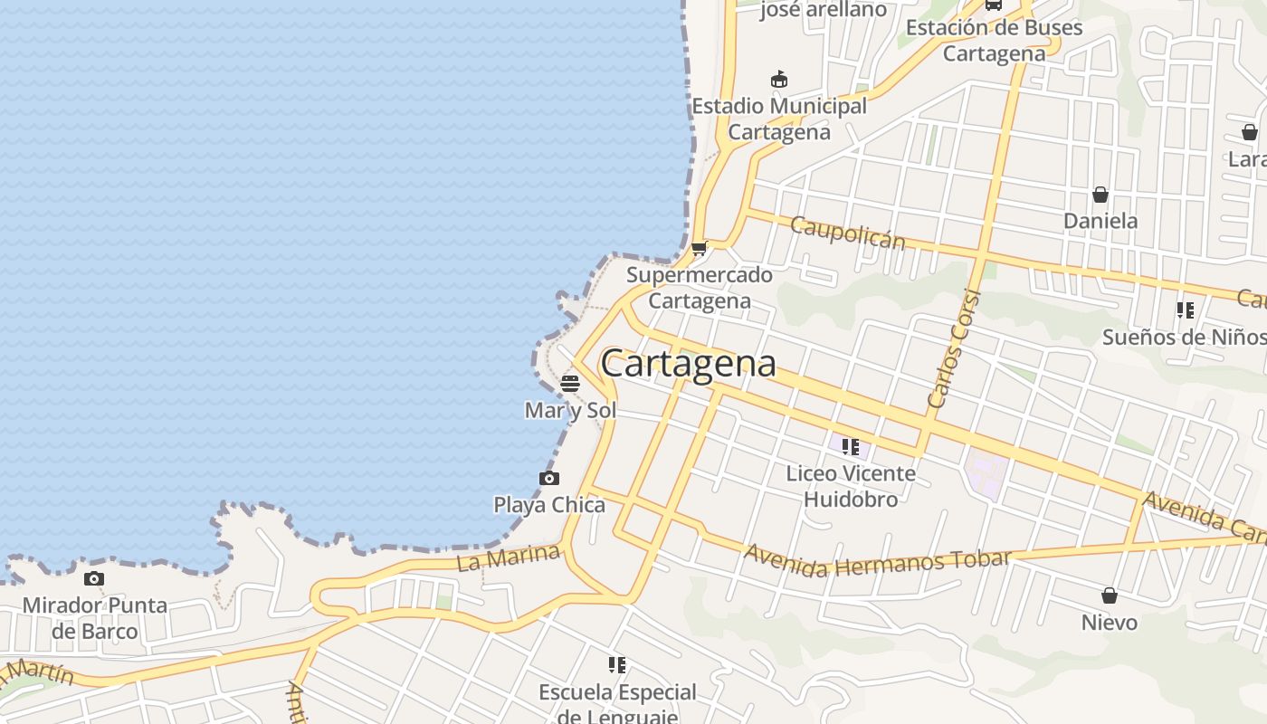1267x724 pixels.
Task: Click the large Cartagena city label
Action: coord(688,364)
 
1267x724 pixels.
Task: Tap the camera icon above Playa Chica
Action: coord(548,478)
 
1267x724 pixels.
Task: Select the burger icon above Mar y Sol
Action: coord(569,383)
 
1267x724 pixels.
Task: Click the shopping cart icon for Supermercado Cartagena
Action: coord(699,249)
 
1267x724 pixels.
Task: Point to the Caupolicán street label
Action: coord(847,233)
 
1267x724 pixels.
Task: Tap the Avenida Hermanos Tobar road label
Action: coord(876,560)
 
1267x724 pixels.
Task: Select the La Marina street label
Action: coord(509,557)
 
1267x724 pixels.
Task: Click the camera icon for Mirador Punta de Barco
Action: coord(93,578)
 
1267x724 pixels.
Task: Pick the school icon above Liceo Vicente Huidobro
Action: coord(850,447)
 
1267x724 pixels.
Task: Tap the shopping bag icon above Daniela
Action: coord(1100,195)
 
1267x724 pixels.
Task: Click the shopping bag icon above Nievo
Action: coord(1110,595)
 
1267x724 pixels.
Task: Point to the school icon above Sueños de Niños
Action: coord(1185,311)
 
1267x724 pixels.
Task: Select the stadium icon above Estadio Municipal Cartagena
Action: coord(778,80)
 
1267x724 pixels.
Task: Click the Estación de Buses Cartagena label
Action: coord(994,40)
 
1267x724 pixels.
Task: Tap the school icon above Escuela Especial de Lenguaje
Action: coord(617,666)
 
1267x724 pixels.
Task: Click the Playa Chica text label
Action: coord(549,504)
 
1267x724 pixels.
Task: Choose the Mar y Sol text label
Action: coord(570,410)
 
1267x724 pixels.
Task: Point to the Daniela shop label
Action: coord(1100,221)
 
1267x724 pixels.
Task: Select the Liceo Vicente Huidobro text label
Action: coord(851,486)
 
